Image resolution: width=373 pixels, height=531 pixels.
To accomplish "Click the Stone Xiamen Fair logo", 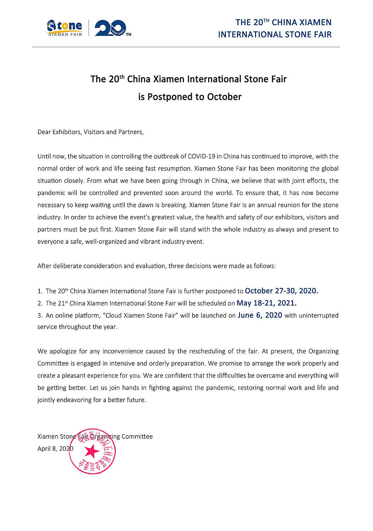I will [65, 28].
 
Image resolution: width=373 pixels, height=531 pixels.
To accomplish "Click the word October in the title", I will [224, 97].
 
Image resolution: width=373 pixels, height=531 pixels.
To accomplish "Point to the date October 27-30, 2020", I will [281, 291].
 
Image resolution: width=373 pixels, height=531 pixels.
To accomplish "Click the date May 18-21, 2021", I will [266, 303].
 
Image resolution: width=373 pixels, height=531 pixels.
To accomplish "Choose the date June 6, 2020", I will [260, 315].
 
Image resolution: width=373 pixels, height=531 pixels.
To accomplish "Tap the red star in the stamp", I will [92, 451].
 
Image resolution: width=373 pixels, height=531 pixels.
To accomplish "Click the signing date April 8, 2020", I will [55, 449].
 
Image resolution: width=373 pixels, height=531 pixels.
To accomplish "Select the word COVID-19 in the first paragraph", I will [201, 157].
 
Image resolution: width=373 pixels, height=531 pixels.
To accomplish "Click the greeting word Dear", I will [44, 132].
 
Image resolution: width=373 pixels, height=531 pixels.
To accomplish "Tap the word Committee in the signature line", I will [137, 437].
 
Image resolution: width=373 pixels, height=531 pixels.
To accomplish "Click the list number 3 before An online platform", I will [40, 316].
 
